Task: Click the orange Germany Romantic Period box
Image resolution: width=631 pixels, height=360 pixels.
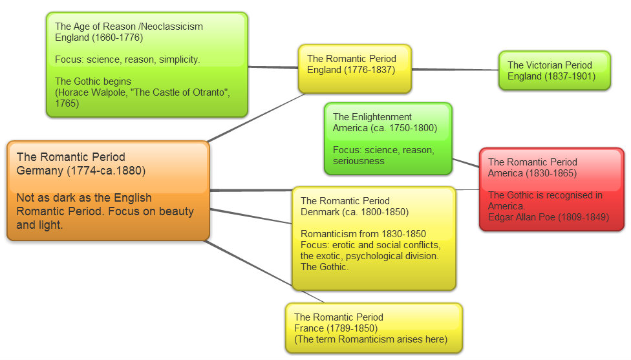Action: pos(108,191)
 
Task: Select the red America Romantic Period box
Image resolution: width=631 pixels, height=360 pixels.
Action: pos(551,189)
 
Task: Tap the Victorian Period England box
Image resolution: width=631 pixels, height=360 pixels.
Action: pos(554,70)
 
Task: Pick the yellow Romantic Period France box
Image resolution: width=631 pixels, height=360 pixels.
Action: pos(374,328)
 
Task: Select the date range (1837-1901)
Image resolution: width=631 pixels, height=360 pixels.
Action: pos(569,76)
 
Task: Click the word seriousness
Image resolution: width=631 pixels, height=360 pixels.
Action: pos(359,161)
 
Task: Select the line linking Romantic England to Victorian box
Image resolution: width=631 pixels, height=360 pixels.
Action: pos(455,69)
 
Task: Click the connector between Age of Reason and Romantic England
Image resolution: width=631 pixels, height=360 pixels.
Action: pos(273,67)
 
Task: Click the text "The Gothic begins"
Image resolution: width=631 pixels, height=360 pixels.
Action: pos(93,81)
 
